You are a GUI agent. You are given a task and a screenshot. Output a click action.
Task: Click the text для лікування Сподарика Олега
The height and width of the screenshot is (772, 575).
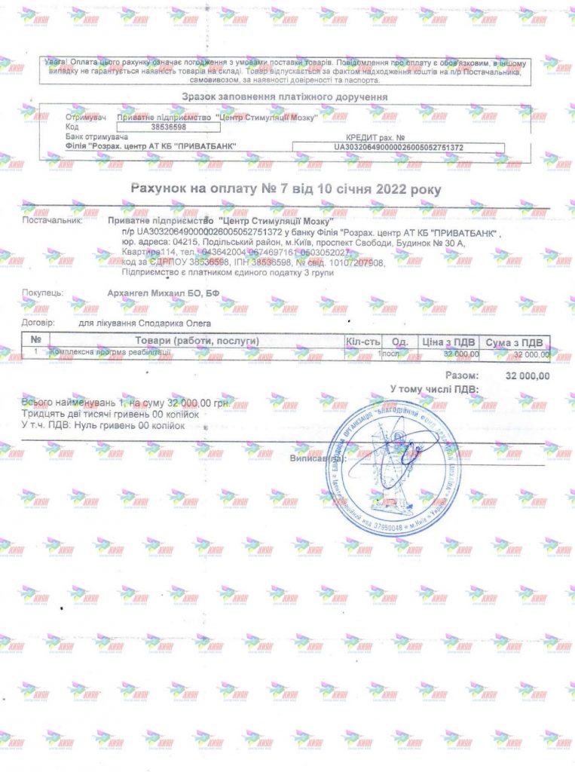point(145,323)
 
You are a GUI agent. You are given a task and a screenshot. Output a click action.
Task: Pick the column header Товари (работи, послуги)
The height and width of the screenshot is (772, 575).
point(197,342)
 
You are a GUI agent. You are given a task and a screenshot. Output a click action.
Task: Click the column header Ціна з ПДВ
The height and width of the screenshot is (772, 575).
point(450,342)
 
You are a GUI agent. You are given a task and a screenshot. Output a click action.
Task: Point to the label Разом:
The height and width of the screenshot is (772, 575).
point(460,375)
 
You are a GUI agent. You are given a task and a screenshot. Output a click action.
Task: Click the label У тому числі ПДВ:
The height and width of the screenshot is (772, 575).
point(433,388)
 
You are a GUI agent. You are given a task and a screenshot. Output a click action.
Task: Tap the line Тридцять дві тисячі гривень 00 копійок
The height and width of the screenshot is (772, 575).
point(110,415)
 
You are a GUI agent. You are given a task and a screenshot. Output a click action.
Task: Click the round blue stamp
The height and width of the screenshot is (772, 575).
point(395,467)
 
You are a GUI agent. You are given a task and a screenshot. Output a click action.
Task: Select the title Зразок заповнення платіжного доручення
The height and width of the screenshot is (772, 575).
point(285,97)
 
